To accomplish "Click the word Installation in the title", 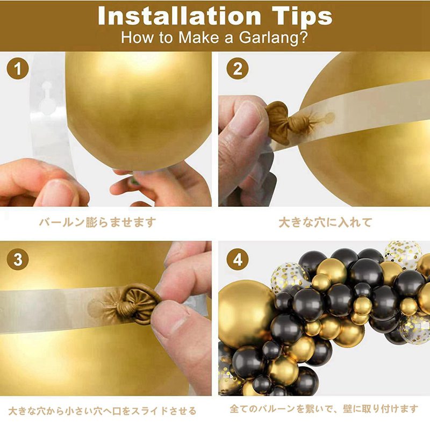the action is point(179,16).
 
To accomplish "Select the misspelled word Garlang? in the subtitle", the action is point(273,38).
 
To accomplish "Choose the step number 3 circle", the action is point(18,259).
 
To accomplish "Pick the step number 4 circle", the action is point(238,259).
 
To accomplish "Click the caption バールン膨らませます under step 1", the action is point(98,222).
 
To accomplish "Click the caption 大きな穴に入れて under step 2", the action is point(325,222).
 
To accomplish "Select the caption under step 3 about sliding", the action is point(102,410).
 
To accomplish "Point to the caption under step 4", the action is point(324,408).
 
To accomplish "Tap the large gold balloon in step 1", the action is point(139,110).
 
